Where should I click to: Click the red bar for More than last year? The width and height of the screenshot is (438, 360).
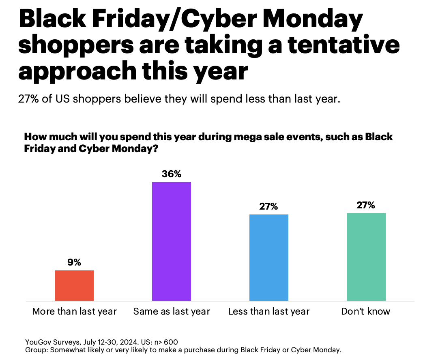74,285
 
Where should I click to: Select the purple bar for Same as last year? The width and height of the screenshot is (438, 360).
171,241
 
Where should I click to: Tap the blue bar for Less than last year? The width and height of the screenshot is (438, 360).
268,257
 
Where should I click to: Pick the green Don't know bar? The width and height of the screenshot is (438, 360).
366,257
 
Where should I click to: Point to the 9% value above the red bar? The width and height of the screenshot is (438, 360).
74,262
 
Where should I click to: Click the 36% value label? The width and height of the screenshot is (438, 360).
171,174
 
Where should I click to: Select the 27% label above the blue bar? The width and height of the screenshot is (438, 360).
268,206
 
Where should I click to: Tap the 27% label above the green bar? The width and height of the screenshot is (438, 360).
366,205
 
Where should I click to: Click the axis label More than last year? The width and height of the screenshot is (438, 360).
74,311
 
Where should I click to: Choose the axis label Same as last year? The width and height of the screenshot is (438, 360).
172,311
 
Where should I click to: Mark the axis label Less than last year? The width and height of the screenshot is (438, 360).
268,311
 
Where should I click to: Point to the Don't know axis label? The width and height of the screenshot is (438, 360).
366,311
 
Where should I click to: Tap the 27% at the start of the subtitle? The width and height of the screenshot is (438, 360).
29,99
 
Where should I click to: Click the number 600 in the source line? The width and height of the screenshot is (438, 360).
171,342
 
